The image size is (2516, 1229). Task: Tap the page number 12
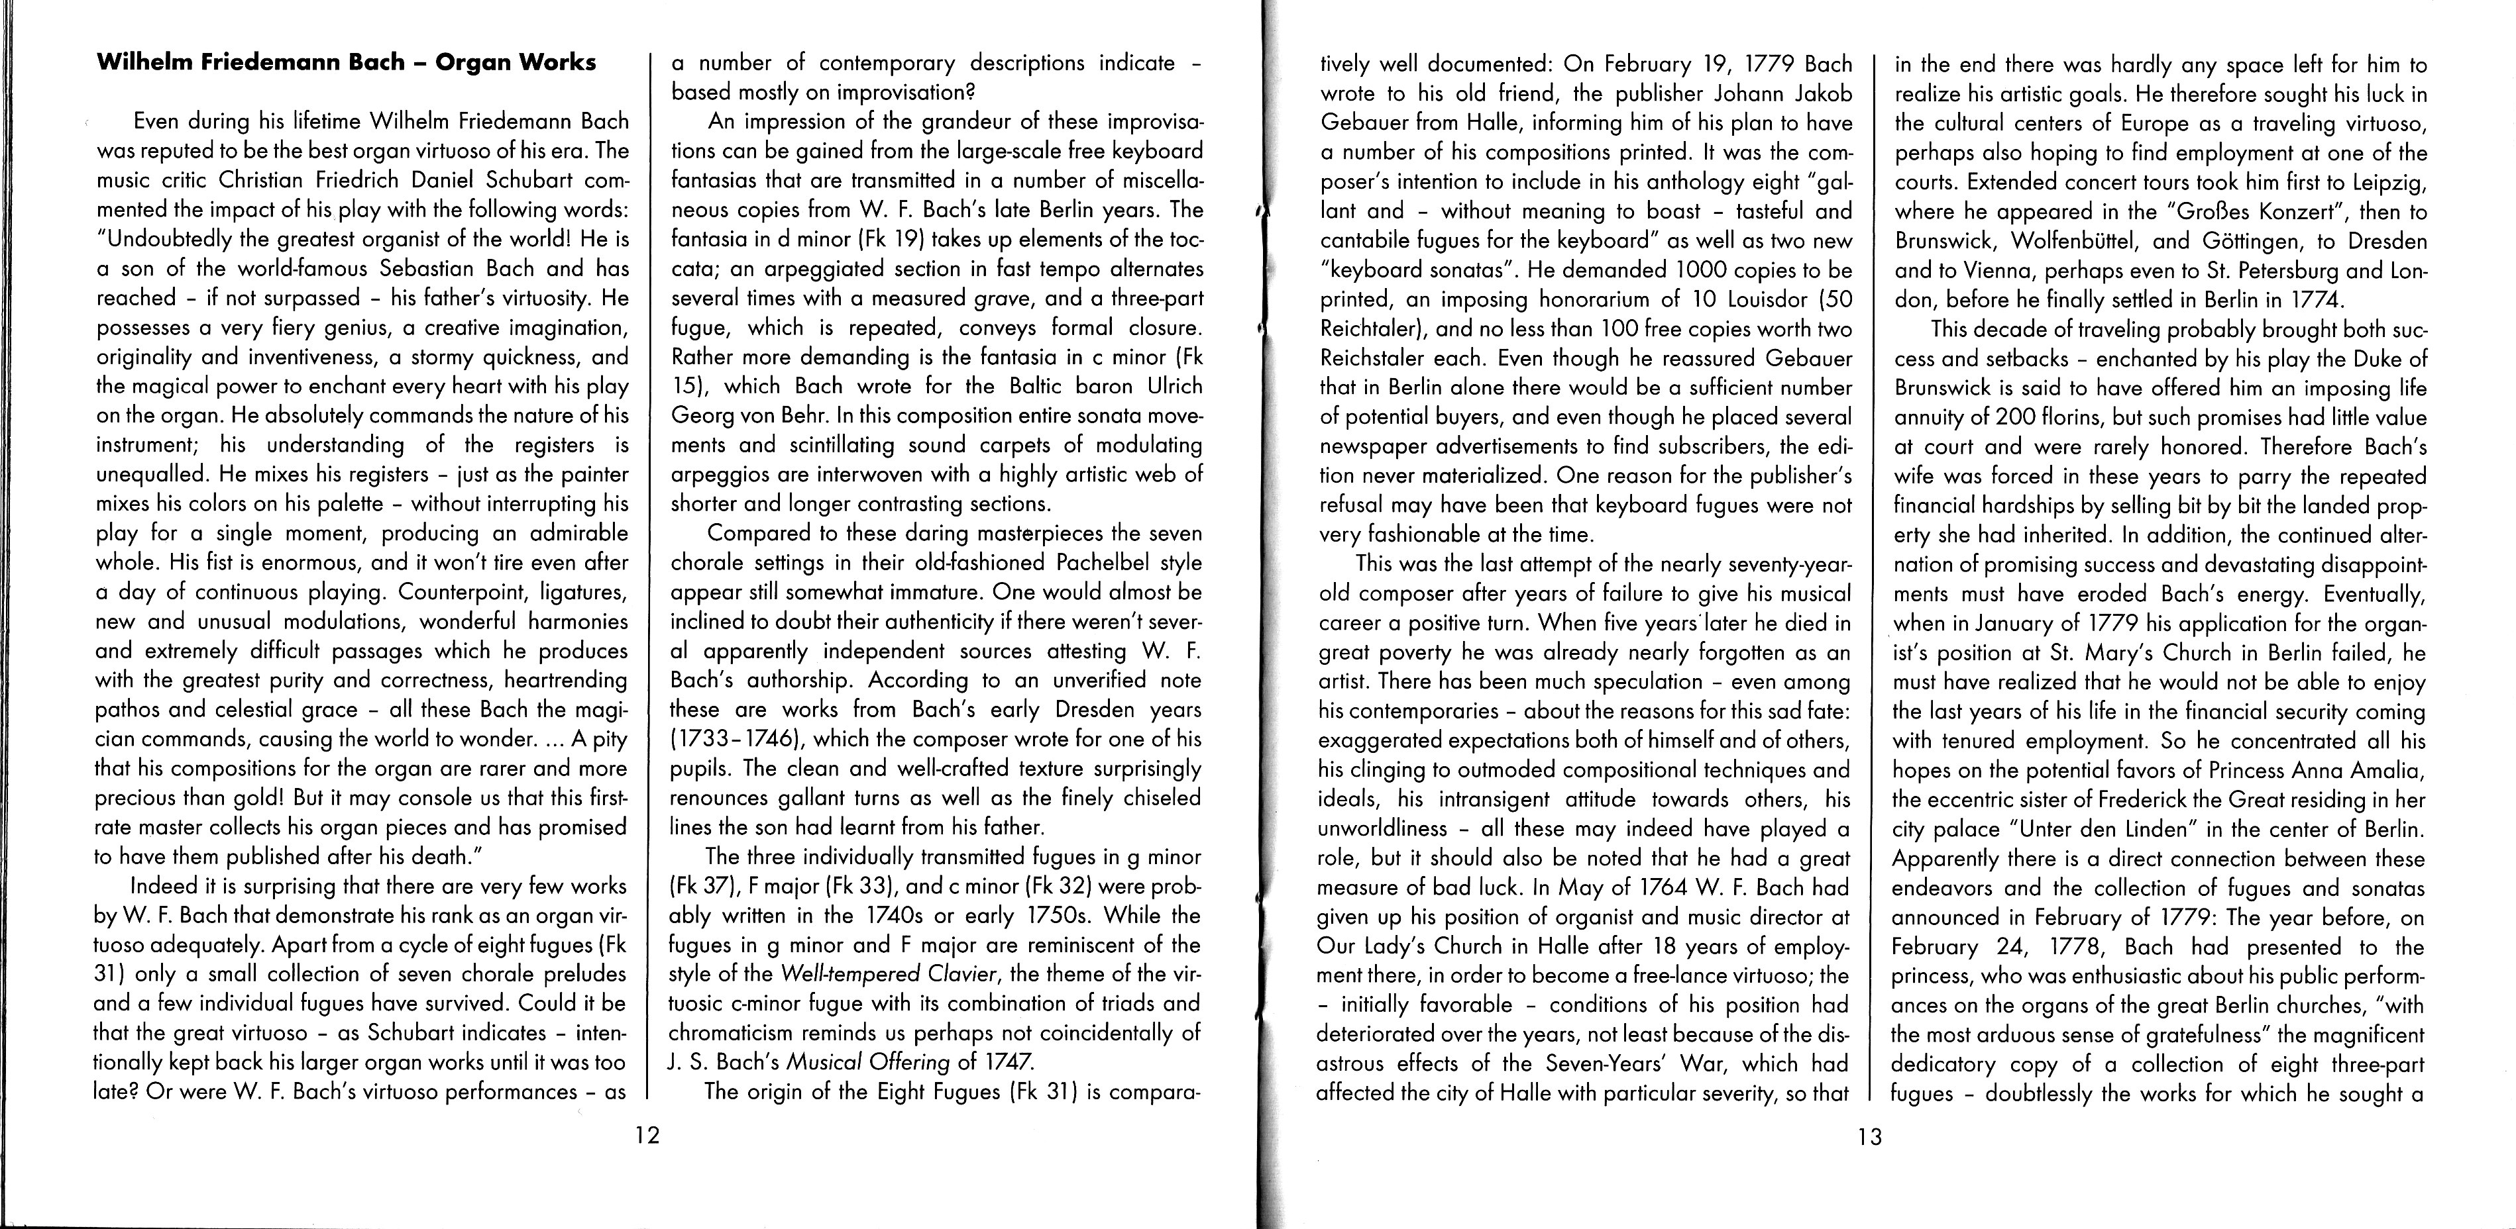click(x=647, y=1135)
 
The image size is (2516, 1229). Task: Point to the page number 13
click(x=1869, y=1137)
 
